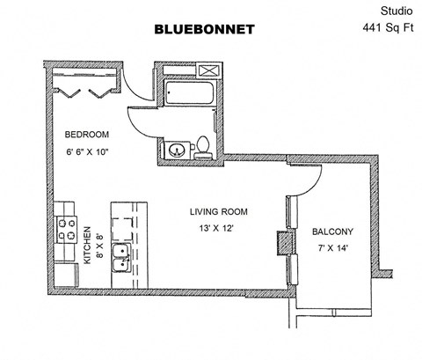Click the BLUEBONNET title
pos(204,29)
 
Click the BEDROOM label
pos(87,135)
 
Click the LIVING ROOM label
pos(219,212)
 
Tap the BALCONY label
pos(332,232)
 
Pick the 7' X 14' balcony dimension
pos(332,249)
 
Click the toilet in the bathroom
pos(203,148)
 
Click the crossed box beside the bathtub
pos(207,71)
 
